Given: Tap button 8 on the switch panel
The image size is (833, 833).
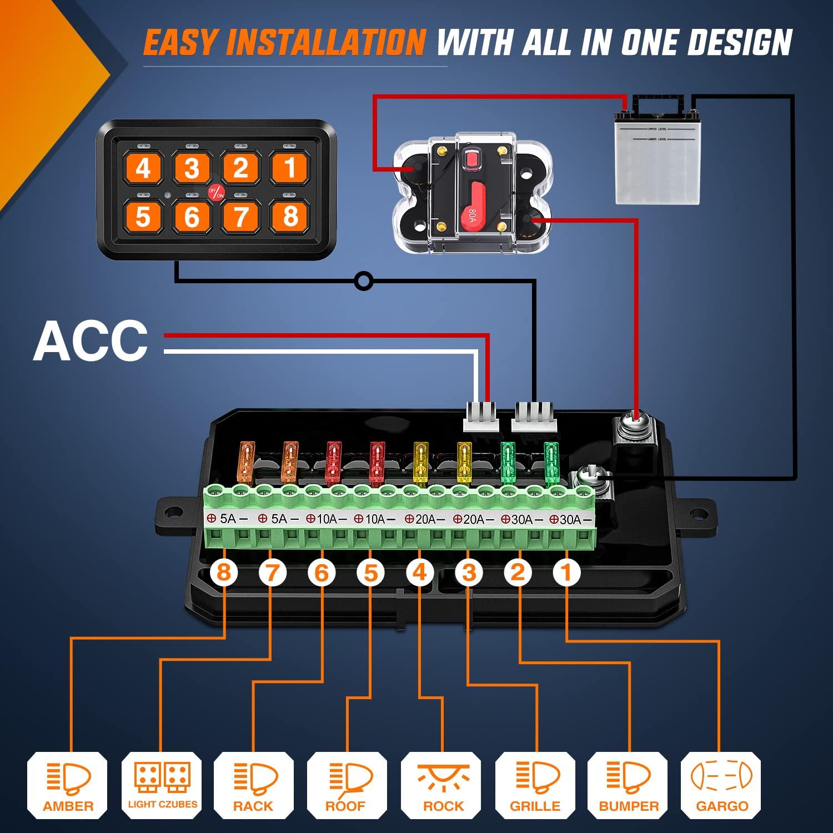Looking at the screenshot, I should click(290, 216).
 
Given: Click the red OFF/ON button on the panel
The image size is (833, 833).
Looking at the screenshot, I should click(216, 192).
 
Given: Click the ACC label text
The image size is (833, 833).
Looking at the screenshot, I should click(91, 341).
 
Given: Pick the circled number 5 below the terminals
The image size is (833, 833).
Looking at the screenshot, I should click(370, 573).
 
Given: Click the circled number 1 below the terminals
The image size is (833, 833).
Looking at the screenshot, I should click(566, 573).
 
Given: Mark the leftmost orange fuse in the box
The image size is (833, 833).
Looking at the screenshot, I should click(245, 461).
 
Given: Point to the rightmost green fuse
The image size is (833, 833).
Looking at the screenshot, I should click(550, 461).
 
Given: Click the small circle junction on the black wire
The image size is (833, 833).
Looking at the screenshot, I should click(363, 282).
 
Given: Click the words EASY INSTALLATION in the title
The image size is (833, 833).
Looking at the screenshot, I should click(284, 43).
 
